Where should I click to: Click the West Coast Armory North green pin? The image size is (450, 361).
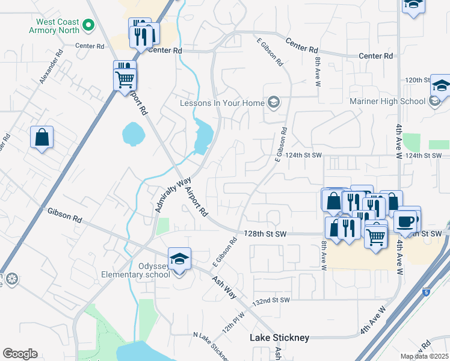coord(88,25)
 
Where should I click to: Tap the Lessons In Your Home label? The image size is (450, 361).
coord(223,103)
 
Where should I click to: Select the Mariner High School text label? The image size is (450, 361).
coord(387,100)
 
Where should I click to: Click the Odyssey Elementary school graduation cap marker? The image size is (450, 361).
coord(179,259)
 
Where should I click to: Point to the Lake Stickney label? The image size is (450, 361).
coord(280,338)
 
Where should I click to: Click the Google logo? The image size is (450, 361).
coord(20,354)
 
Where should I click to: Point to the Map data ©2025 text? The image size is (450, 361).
coord(424,356)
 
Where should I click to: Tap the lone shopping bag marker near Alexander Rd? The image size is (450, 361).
coord(42,137)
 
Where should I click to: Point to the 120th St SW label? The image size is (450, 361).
coord(416,79)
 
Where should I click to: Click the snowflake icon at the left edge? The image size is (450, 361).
coord(10,279)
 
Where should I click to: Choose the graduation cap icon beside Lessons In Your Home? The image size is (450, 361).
coord(274,102)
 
